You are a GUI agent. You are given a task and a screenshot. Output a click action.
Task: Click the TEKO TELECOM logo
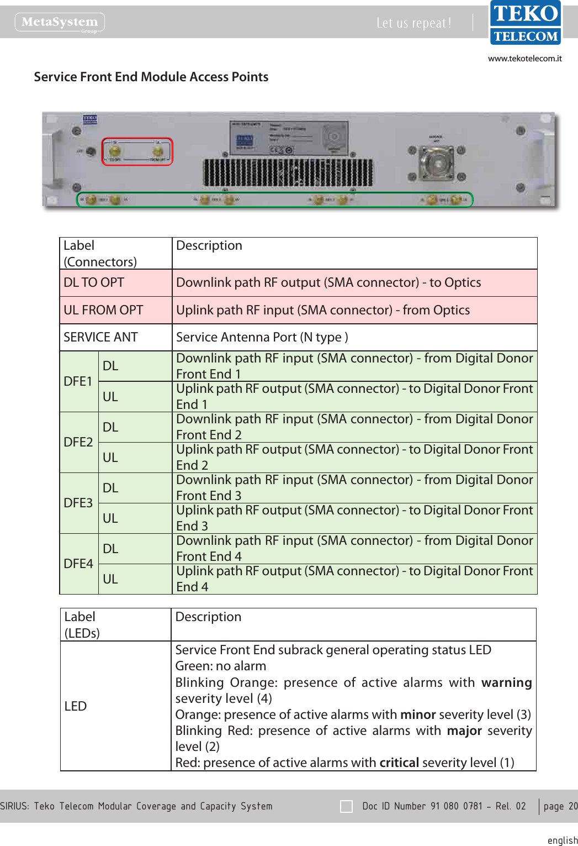[x=525, y=23]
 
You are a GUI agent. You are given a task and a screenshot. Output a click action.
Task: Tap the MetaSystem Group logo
[x=60, y=23]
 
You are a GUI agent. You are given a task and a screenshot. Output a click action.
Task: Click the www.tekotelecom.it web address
[x=524, y=59]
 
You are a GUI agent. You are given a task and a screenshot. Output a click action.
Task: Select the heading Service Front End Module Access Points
[x=151, y=77]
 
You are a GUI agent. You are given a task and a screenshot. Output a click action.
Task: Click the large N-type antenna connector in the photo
[x=436, y=164]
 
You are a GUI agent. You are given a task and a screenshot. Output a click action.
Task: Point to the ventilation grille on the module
[x=288, y=173]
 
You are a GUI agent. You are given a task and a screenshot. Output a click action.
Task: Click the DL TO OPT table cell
[x=94, y=283]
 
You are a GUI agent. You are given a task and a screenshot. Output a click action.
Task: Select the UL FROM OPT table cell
[x=103, y=311]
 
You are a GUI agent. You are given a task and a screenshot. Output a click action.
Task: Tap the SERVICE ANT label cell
[x=100, y=337]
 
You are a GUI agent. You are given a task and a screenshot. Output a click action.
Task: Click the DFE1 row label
[x=78, y=381]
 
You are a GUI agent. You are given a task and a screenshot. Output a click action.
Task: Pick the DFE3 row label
[x=78, y=503]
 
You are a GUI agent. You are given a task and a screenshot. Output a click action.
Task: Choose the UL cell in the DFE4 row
[x=110, y=579]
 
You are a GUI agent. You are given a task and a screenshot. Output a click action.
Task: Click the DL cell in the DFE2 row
[x=110, y=427]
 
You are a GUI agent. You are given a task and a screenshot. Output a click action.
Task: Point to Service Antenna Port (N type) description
[x=262, y=337]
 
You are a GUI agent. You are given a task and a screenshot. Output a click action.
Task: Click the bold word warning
[x=506, y=683]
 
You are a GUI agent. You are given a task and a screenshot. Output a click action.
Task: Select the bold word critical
[x=399, y=763]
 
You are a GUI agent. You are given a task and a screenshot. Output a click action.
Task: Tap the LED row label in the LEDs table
[x=76, y=706]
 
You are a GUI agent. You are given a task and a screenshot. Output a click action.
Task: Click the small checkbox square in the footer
[x=347, y=806]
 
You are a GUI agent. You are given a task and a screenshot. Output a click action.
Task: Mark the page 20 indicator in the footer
[x=560, y=806]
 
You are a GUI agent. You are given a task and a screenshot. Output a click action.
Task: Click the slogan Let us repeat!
[x=413, y=23]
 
